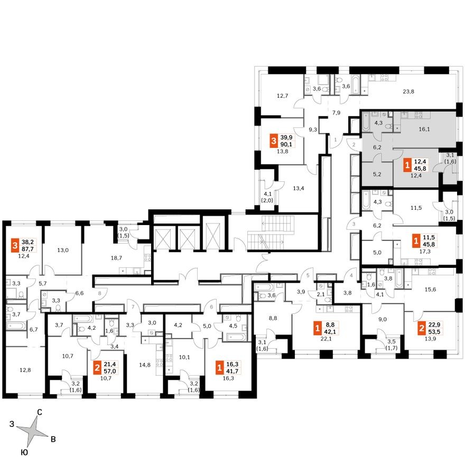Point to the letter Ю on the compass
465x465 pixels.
[24, 452]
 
